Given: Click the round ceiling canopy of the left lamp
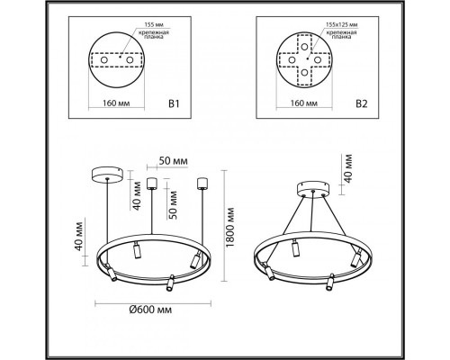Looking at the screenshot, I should (108, 173).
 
